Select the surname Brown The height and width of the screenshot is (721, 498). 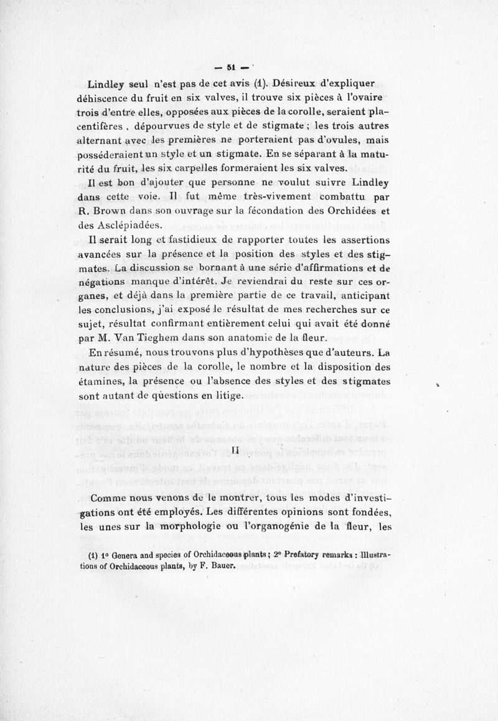115,212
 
